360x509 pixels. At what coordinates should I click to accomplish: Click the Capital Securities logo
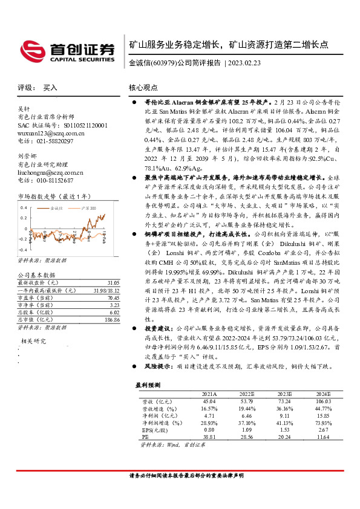pos(67,48)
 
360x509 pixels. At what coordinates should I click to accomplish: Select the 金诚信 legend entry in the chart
pos(57,207)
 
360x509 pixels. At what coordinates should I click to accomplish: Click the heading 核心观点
pos(145,88)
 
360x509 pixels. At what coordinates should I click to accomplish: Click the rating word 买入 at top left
pos(50,88)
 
